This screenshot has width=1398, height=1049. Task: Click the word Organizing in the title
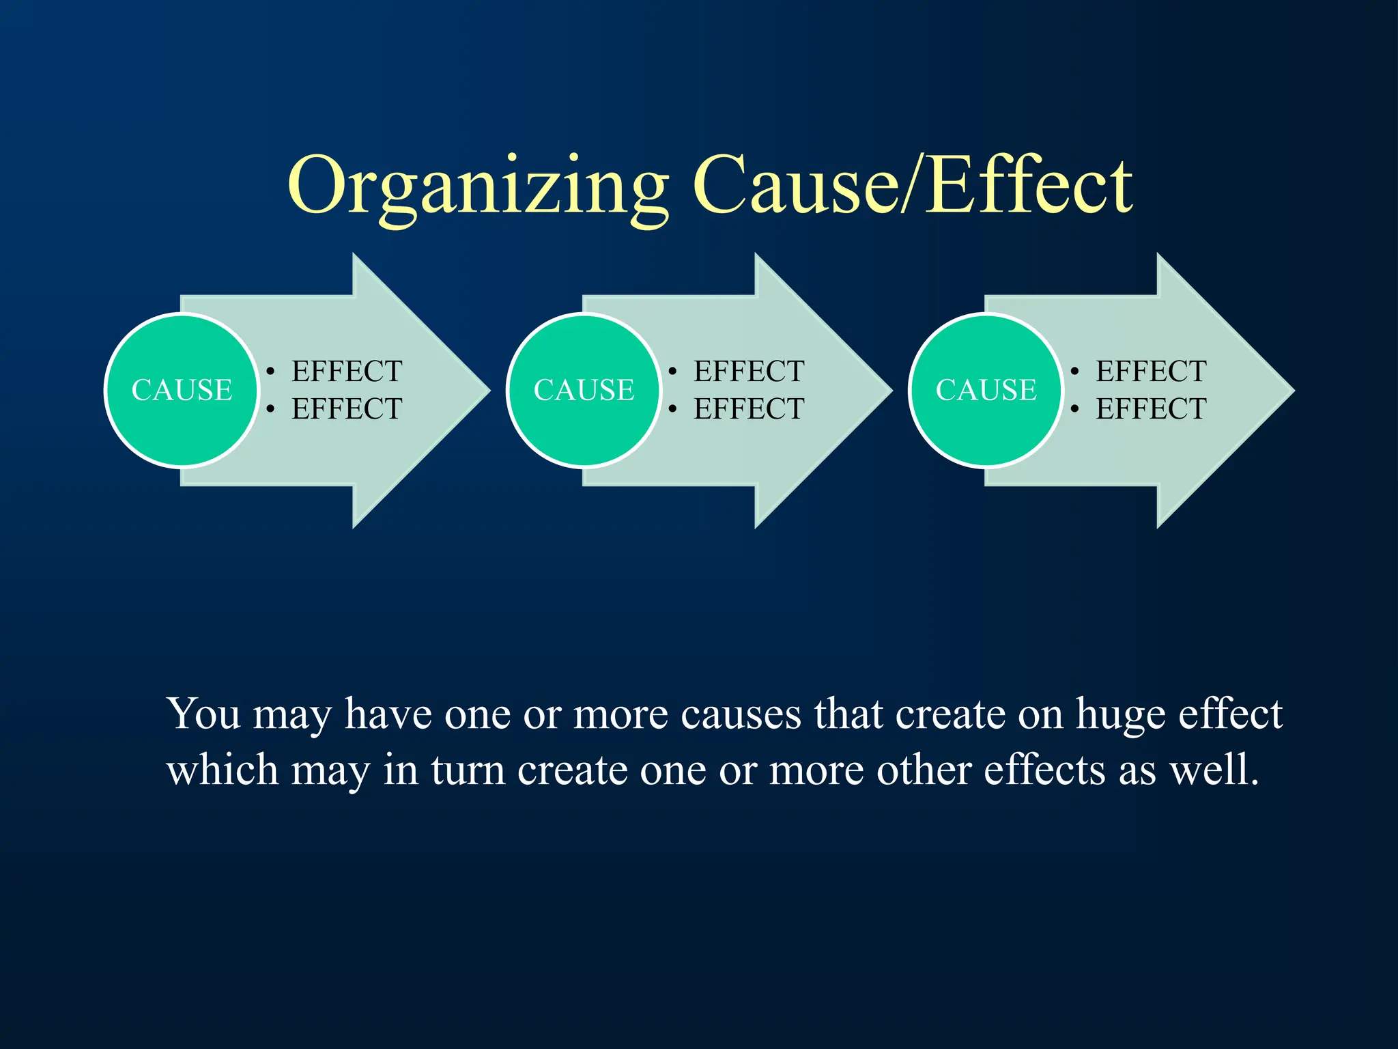[x=478, y=186]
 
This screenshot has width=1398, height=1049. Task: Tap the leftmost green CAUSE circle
[x=182, y=390]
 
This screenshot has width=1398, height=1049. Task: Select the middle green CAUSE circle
[x=584, y=390]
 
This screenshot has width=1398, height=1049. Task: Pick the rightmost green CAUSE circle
[x=986, y=390]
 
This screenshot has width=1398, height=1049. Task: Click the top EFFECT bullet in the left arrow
[x=347, y=372]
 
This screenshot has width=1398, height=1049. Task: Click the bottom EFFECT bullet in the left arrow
[x=347, y=409]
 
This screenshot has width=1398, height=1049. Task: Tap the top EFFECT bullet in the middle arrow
[x=749, y=372]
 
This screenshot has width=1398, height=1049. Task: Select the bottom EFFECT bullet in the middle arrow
[x=749, y=409]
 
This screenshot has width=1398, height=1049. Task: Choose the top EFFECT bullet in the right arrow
[x=1151, y=372]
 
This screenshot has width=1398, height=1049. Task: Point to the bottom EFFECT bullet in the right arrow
[x=1151, y=409]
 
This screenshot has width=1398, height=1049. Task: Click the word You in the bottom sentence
[x=203, y=714]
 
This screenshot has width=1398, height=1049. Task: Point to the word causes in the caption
[x=741, y=715]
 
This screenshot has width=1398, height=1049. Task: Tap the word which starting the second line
[x=222, y=770]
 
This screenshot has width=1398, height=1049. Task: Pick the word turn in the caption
[x=468, y=770]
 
